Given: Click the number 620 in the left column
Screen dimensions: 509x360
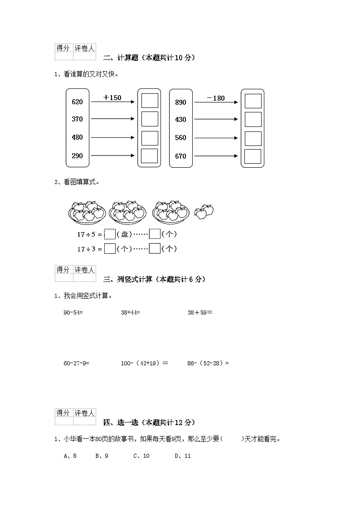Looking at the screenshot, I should [x=77, y=102].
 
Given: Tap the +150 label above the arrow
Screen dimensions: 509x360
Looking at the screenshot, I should [x=112, y=97].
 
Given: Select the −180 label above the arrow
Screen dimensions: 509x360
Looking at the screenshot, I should [x=215, y=98].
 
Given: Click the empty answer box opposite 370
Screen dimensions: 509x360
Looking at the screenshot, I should [x=150, y=119].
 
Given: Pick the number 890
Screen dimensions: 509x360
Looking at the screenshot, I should [x=180, y=102].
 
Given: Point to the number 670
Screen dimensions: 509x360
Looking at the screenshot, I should [x=180, y=156].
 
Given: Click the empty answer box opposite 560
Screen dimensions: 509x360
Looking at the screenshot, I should [x=253, y=138].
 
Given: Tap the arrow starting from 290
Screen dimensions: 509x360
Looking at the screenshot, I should [x=113, y=155].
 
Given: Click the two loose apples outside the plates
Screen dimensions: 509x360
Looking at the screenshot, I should [x=204, y=211].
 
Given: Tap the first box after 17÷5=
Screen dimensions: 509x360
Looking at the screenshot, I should [x=110, y=234].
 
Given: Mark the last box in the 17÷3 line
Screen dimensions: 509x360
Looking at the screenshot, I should [x=155, y=249].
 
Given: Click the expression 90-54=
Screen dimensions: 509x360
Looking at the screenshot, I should [x=73, y=312].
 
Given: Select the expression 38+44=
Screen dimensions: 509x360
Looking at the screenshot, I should [x=131, y=312].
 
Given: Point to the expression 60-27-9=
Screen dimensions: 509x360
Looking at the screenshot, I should [x=76, y=363].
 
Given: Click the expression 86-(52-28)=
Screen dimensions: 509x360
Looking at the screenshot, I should [x=208, y=363].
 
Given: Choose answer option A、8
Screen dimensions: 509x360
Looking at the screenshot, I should [x=70, y=456].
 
